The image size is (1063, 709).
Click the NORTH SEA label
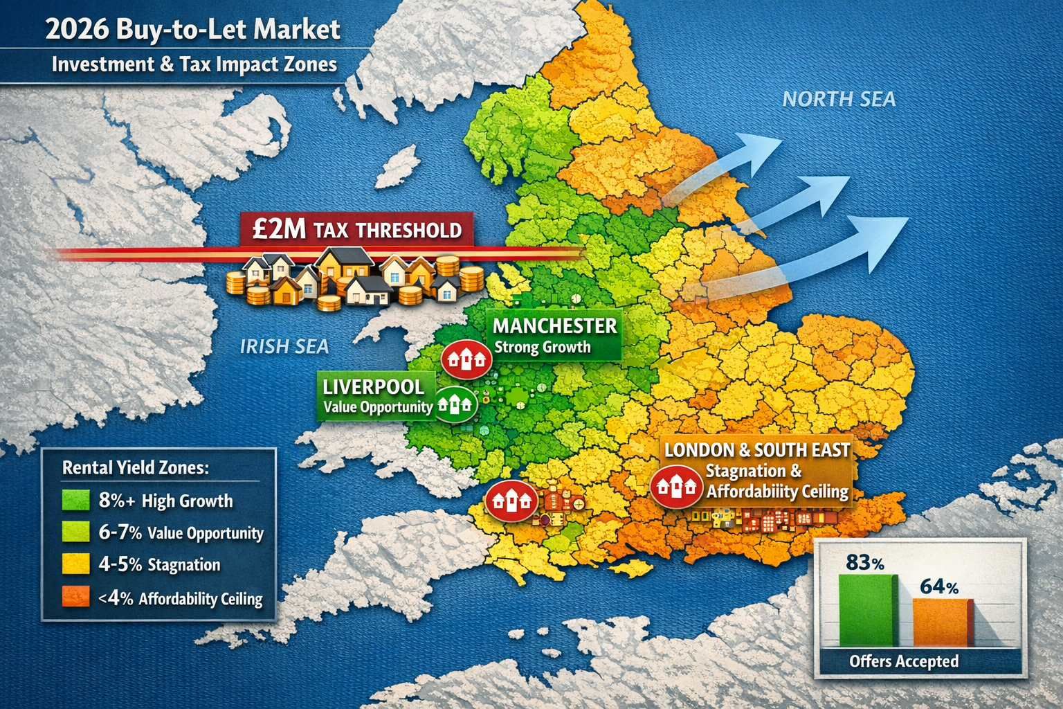(x=839, y=100)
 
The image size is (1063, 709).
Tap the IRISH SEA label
(x=284, y=346)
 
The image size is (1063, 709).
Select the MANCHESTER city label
(x=554, y=325)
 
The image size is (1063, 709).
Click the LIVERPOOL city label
(x=374, y=386)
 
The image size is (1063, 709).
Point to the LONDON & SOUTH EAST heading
(x=757, y=450)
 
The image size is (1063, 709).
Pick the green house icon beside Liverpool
(x=455, y=404)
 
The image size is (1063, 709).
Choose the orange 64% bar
(x=942, y=622)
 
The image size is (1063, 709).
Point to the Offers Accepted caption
(x=904, y=661)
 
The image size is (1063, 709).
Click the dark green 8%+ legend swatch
(x=76, y=500)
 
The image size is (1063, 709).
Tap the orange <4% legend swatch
(x=76, y=597)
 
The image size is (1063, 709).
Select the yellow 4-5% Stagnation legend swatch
(x=76, y=564)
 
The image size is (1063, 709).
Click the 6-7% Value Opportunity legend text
(x=181, y=532)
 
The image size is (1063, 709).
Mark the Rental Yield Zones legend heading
(x=135, y=467)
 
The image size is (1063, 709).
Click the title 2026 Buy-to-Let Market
(x=193, y=30)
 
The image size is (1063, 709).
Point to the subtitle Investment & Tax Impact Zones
(x=194, y=64)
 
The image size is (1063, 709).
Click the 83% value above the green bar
(x=865, y=562)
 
